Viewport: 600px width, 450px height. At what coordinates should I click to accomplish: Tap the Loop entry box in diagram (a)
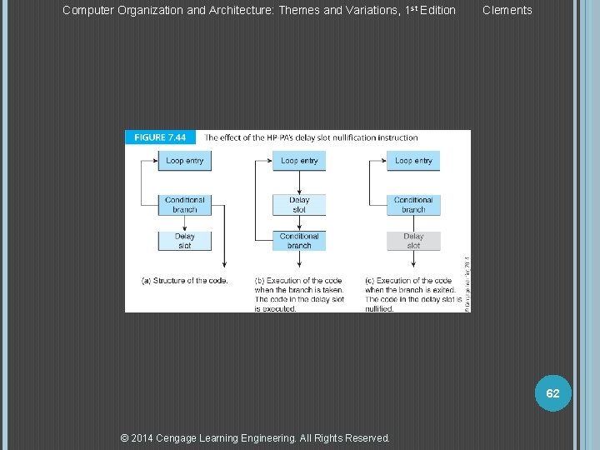(x=184, y=161)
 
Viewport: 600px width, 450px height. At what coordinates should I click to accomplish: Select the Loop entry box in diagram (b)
(x=299, y=161)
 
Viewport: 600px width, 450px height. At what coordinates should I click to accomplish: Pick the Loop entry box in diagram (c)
(x=413, y=161)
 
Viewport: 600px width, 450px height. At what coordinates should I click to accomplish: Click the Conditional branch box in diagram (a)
(x=184, y=204)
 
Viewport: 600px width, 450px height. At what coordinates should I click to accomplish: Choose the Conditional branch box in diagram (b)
(x=299, y=241)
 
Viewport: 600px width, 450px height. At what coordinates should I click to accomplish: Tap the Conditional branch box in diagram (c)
(x=413, y=204)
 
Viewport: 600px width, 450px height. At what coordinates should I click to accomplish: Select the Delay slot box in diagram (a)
(x=184, y=241)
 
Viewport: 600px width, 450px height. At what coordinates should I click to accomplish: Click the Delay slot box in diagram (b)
(x=299, y=204)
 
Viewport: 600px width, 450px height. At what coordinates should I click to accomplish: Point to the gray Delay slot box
(x=413, y=241)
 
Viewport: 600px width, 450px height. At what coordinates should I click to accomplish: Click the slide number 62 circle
(x=552, y=392)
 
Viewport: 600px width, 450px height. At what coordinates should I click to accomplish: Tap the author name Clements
(x=507, y=10)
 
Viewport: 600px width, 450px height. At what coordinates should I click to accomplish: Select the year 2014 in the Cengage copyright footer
(x=147, y=437)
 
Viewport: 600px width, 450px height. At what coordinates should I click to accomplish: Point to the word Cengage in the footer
(x=177, y=437)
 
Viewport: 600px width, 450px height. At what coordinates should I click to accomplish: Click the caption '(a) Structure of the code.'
(x=184, y=281)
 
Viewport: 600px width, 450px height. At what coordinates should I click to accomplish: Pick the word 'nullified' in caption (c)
(x=379, y=308)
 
